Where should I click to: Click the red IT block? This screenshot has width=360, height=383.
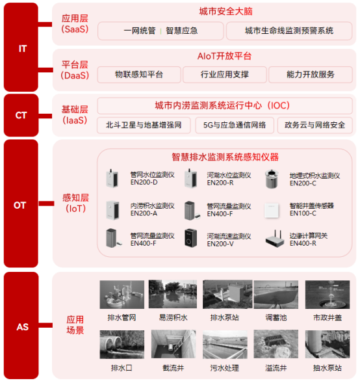click(x=23, y=47)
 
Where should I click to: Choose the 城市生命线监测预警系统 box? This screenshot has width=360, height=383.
click(x=289, y=31)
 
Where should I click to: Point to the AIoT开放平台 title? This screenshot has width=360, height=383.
click(x=225, y=57)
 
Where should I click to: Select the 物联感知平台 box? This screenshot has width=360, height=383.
click(x=138, y=75)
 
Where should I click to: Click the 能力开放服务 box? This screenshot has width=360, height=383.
click(x=311, y=75)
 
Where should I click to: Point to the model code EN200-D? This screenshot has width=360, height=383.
click(x=144, y=183)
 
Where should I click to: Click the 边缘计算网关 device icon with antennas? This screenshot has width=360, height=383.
click(x=274, y=239)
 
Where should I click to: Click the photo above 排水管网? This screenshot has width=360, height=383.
click(x=122, y=295)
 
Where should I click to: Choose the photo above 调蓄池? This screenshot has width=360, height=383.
click(x=275, y=295)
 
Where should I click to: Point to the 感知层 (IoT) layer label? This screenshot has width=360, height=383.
click(x=75, y=202)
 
